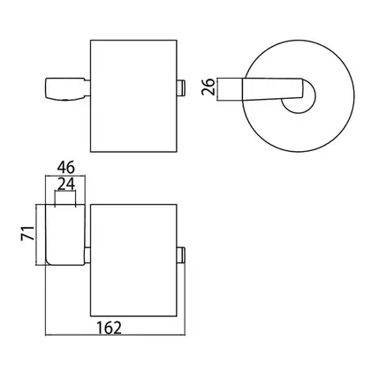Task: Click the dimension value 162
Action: tap(109, 328)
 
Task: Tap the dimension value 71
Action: tap(27, 233)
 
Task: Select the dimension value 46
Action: tap(66, 168)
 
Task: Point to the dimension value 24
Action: tap(66, 185)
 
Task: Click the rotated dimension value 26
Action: tap(208, 87)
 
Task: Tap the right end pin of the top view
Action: tap(181, 87)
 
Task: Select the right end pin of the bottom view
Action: tap(181, 255)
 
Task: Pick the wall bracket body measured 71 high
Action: tap(65, 234)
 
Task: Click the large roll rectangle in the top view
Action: tap(133, 96)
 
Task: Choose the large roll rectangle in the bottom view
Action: tap(133, 261)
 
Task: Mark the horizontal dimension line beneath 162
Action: tap(115, 335)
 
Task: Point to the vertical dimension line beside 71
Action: tap(36, 235)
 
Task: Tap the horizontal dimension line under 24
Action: tap(65, 192)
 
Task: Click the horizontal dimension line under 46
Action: tap(65, 176)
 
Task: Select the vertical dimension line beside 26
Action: tap(218, 89)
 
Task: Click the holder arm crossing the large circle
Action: tap(273, 89)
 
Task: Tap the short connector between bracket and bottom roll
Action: tap(87, 255)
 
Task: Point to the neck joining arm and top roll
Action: tap(87, 87)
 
